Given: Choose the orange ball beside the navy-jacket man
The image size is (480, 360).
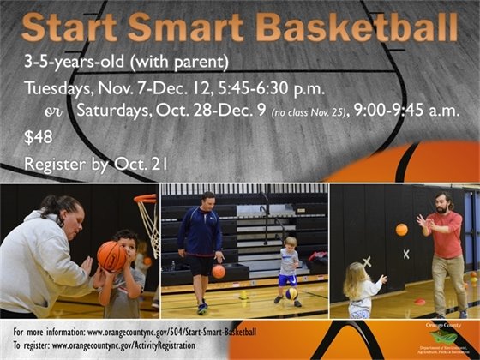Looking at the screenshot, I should (x=219, y=271).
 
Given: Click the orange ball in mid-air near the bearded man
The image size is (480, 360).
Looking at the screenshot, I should (x=401, y=229).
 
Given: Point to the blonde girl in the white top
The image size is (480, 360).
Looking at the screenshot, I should (x=360, y=291).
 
